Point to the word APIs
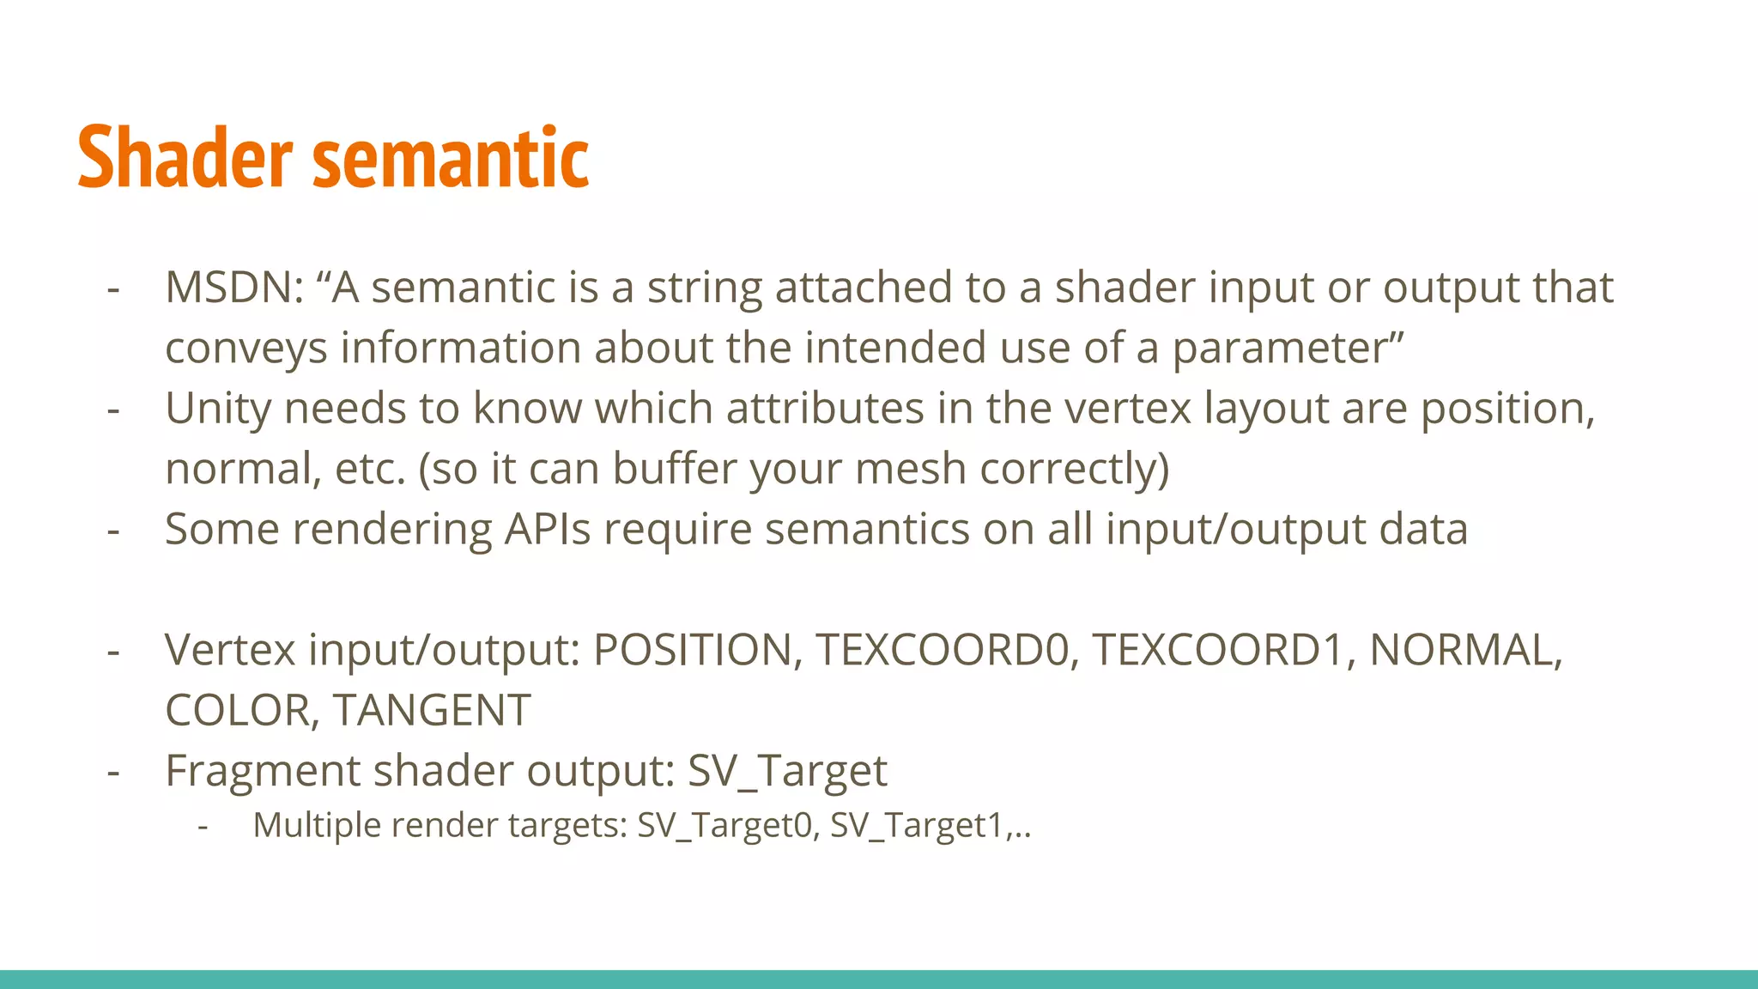click(548, 529)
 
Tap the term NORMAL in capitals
click(1464, 650)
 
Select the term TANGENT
click(432, 711)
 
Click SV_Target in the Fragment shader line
click(787, 771)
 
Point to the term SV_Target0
click(724, 826)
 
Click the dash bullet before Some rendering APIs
click(113, 531)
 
